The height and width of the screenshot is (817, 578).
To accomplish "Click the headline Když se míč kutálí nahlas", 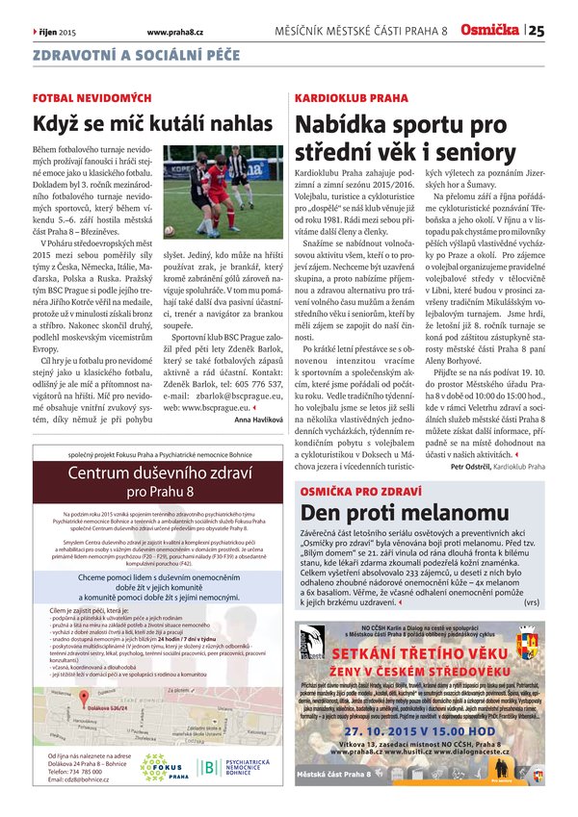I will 152,123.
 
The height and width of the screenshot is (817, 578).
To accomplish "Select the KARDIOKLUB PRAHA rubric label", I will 351,98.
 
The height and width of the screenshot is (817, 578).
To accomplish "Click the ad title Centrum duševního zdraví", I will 159,472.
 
